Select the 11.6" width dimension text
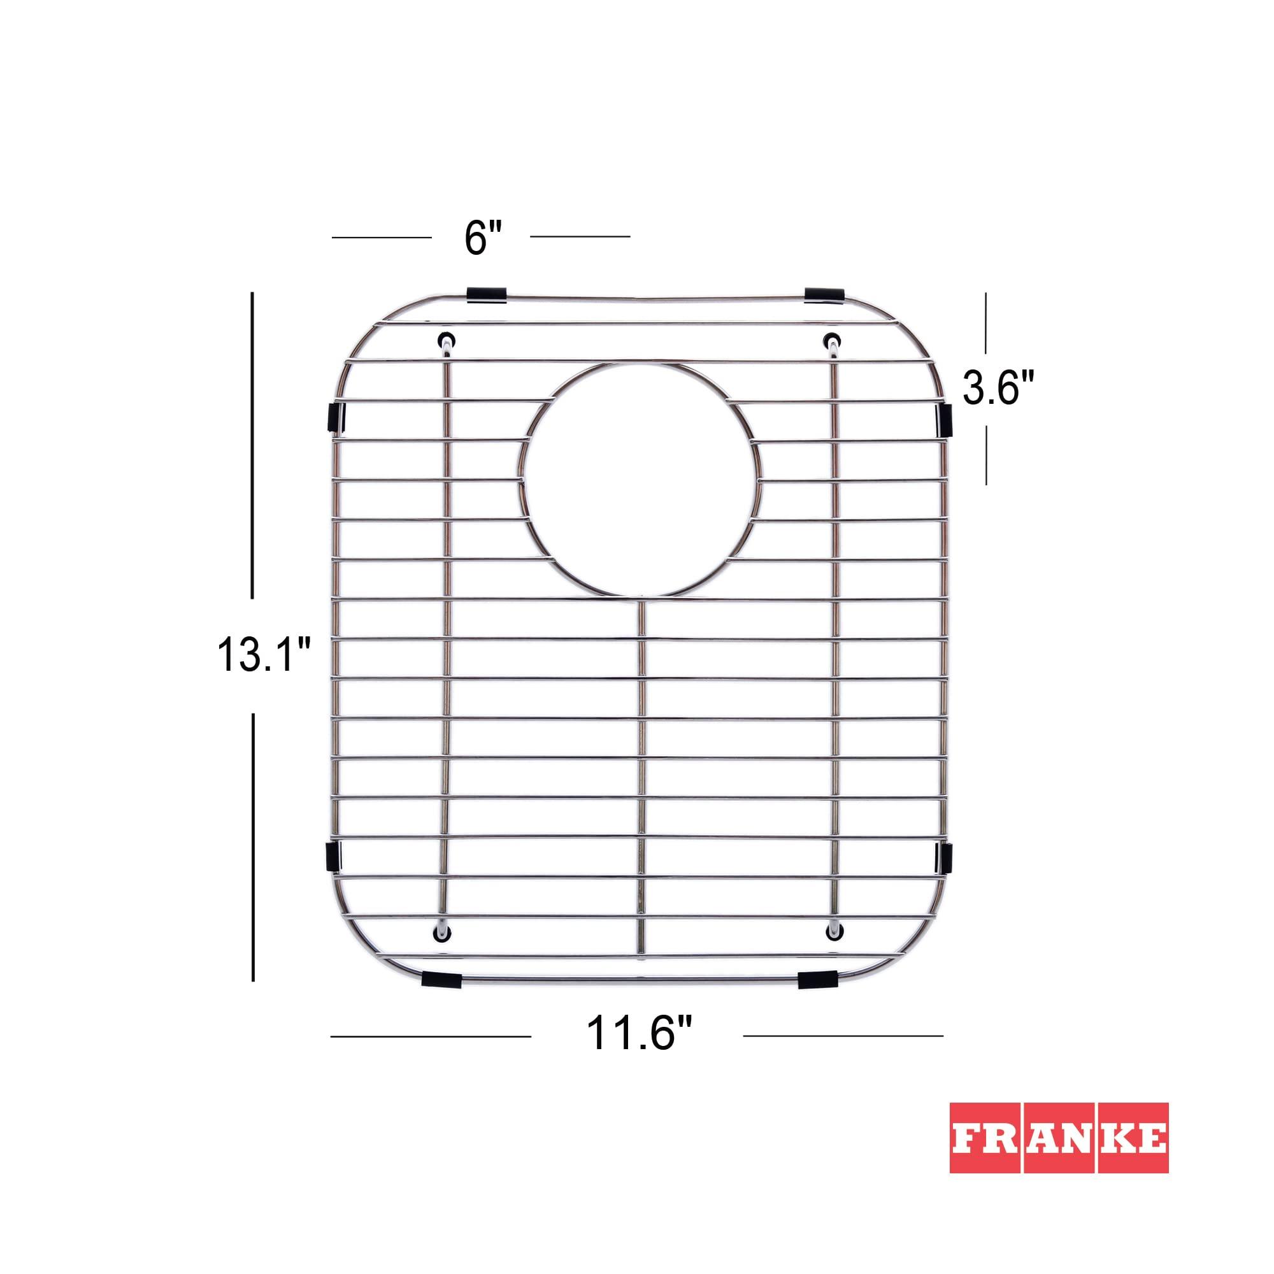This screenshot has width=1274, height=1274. coord(639,1034)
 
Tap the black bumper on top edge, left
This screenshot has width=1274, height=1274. coord(487,295)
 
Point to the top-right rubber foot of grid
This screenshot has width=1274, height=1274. coord(833,340)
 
